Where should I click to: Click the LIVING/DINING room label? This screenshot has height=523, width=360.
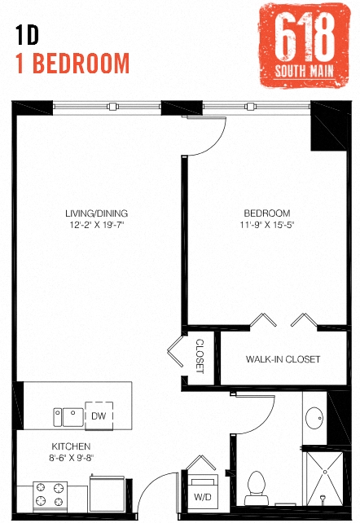click(97, 214)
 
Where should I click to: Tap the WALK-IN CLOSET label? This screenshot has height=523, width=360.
click(283, 359)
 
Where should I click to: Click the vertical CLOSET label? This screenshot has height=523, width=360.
click(200, 356)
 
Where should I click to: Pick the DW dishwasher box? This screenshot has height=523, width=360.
click(99, 415)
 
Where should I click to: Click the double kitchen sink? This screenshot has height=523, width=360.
click(68, 416)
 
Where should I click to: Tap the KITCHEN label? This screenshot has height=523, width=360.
click(72, 446)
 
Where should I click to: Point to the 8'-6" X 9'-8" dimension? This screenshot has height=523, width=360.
click(72, 458)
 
